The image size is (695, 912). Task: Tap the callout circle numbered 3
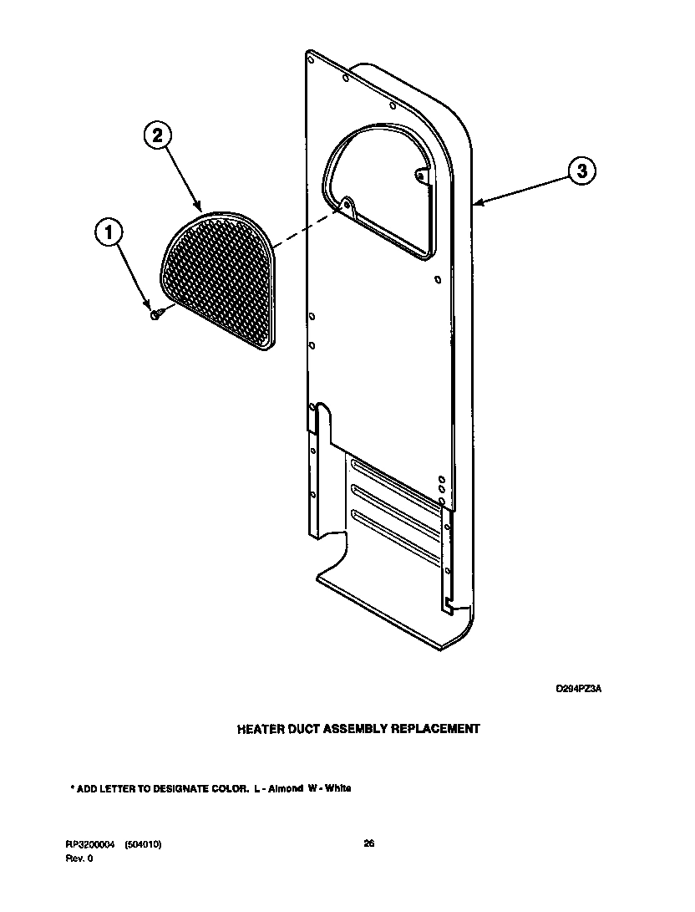(x=581, y=171)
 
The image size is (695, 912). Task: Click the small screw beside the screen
(x=155, y=313)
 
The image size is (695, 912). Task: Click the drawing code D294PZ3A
(x=579, y=689)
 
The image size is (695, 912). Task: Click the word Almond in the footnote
(x=285, y=788)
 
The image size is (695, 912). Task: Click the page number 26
(x=368, y=844)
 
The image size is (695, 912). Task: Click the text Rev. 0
(x=79, y=859)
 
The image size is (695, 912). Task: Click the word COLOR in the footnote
(x=230, y=788)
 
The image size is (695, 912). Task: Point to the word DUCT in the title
(x=309, y=729)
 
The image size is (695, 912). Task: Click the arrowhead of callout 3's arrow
(x=475, y=201)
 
